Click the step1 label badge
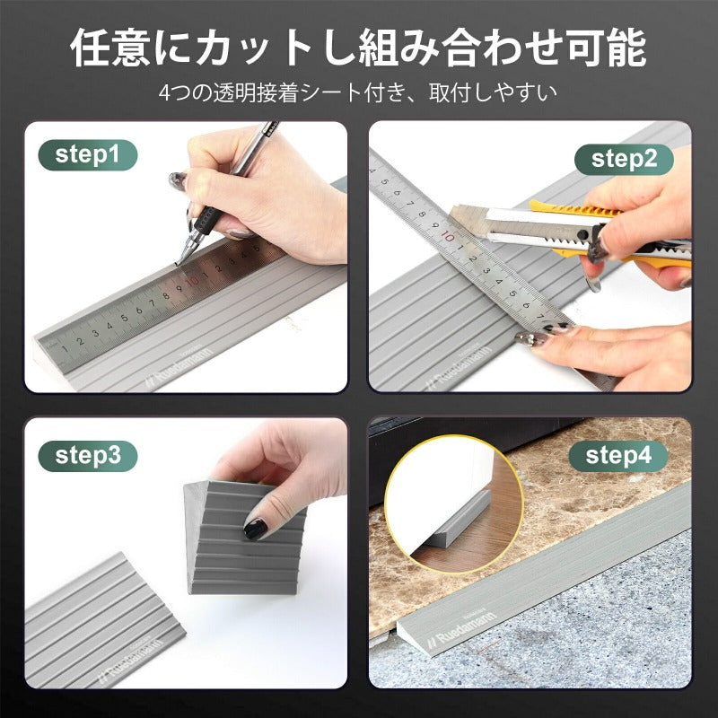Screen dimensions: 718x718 87,154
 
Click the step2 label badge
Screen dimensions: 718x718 631,159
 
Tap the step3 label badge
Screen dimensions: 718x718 87,455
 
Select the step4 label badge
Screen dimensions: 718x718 618,455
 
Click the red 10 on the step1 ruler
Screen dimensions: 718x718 192,280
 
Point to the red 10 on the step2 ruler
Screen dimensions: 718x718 447,236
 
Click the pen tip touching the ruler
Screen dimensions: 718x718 178,263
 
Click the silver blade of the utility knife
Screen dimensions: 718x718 489,225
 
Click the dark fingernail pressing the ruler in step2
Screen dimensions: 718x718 528,338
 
